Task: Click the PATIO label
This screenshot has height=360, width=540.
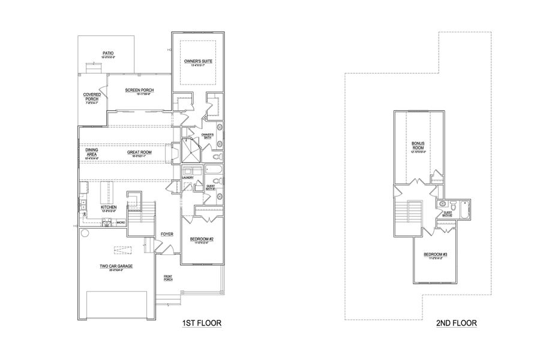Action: tap(108, 53)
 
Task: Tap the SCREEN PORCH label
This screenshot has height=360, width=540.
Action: tap(139, 90)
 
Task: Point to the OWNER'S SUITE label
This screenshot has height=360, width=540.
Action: tap(199, 61)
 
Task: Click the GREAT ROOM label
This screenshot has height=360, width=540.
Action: tap(138, 152)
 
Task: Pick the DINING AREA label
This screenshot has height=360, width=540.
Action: tap(92, 152)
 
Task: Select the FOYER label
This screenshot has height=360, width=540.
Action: tap(166, 234)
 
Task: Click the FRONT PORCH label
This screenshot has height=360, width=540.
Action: tap(169, 278)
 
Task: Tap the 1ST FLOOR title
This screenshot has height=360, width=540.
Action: tap(202, 323)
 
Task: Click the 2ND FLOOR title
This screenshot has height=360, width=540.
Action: tap(457, 323)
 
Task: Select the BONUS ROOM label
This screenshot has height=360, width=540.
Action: tap(418, 146)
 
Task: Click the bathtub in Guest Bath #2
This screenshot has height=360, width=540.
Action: tap(463, 207)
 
